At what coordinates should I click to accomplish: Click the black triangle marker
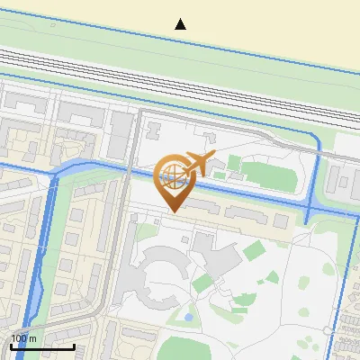[181, 24]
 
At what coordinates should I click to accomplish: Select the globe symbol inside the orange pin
[171, 174]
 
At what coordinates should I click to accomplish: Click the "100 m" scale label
[23, 338]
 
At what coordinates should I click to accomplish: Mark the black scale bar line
[42, 346]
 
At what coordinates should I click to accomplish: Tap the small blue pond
[188, 317]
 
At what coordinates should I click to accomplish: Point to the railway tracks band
[180, 77]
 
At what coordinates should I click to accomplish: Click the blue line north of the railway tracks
[180, 40]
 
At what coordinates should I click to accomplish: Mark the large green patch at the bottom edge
[198, 346]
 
